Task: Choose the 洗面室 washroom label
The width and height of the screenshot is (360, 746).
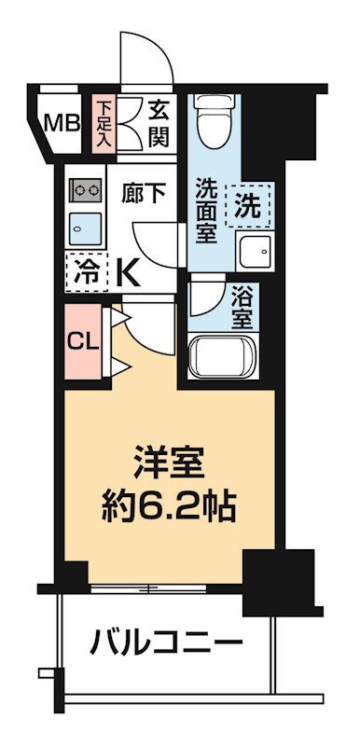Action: point(206,210)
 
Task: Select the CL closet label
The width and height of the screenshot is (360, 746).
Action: point(82,340)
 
